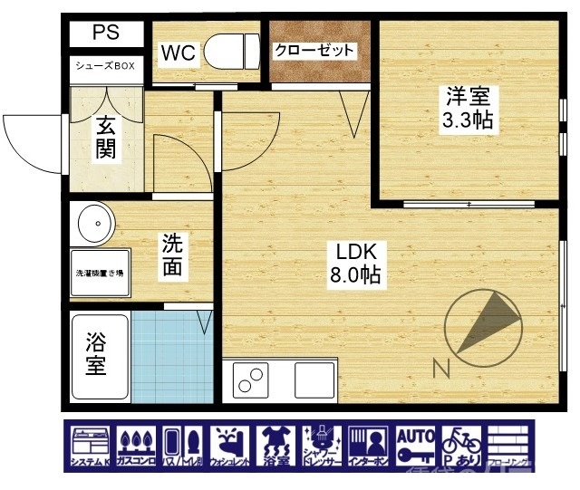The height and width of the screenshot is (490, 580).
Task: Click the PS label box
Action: (107, 34)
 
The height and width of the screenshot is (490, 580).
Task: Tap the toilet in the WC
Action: (230, 52)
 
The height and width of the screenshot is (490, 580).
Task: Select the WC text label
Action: (178, 53)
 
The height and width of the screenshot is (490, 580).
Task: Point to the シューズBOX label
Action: (106, 67)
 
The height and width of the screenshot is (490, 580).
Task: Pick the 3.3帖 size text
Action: (468, 120)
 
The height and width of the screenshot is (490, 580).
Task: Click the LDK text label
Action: (355, 250)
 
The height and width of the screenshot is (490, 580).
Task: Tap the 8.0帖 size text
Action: (355, 274)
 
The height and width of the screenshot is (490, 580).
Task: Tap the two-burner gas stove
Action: (253, 380)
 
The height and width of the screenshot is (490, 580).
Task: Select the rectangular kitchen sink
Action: (313, 380)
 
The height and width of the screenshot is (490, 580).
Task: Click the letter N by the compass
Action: (441, 368)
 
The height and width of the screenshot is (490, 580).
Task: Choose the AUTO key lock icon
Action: (416, 447)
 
